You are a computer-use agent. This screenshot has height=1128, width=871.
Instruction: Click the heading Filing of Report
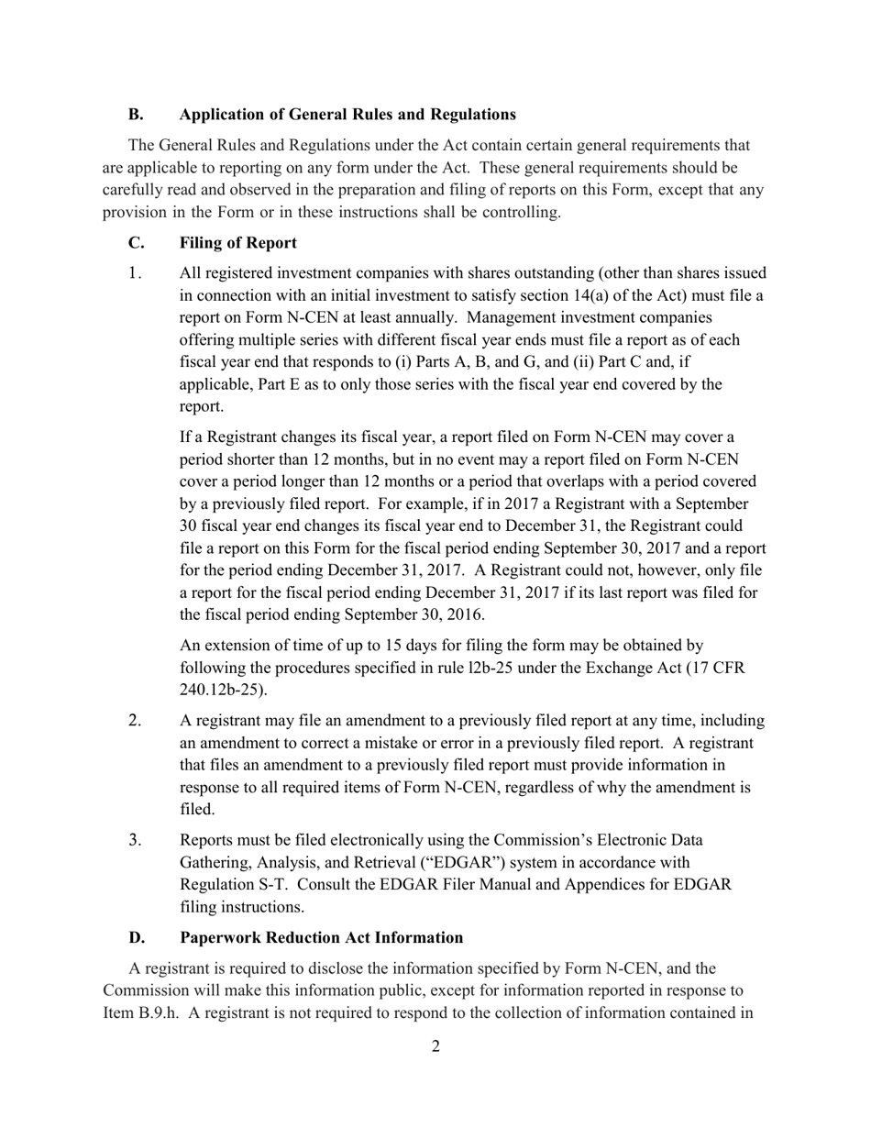coord(238,243)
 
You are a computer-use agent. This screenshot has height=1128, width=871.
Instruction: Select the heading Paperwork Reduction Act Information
coord(321,937)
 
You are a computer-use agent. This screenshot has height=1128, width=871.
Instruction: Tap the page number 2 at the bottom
coord(435,1046)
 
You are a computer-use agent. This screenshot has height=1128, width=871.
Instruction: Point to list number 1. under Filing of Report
coord(136,273)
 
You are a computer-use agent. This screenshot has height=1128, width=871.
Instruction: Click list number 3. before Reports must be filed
coord(136,840)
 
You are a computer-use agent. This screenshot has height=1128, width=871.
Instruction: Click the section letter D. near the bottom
coord(136,937)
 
